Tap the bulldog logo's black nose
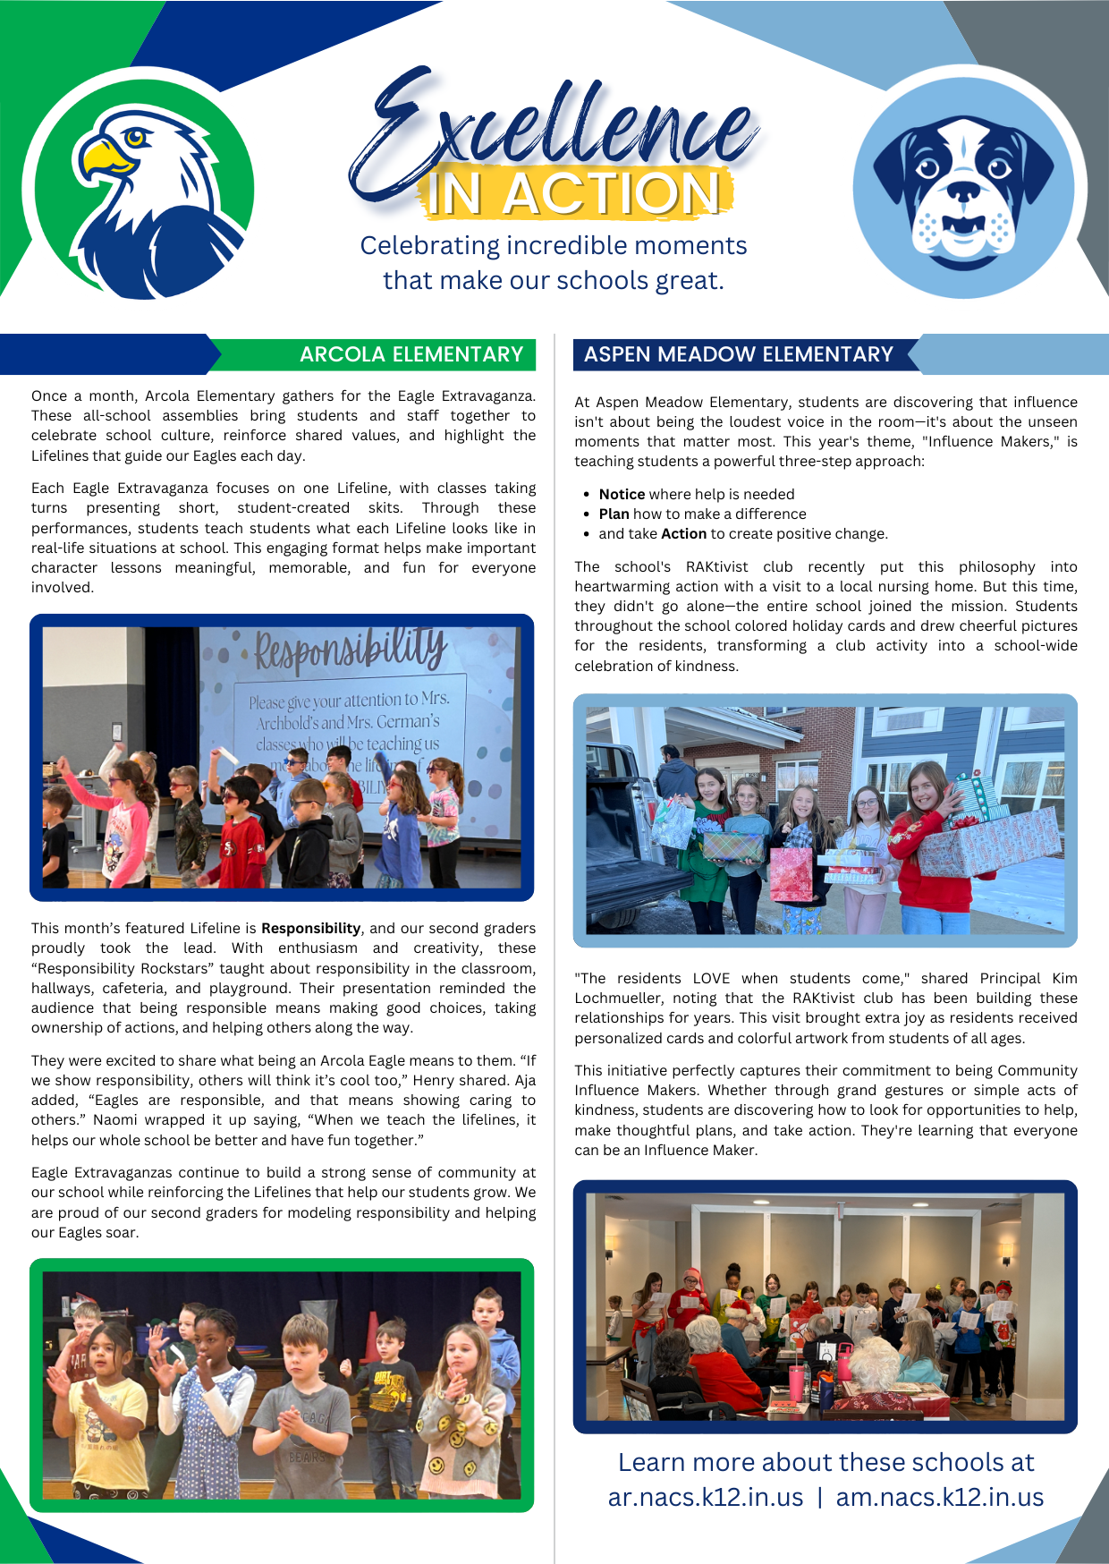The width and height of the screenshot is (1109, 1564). pos(963,191)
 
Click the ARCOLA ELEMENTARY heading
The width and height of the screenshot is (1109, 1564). pos(411,354)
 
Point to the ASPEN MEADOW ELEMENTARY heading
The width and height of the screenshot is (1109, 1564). pos(739,354)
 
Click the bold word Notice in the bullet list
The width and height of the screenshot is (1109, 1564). pos(622,494)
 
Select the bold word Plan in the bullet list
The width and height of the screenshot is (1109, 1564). pos(614,514)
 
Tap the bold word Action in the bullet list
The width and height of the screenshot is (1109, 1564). pos(683,533)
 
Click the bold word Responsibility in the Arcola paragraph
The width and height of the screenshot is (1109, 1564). pos(310,928)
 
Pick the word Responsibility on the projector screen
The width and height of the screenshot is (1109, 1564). pos(350,649)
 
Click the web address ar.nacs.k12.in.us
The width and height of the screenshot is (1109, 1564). pos(706,1497)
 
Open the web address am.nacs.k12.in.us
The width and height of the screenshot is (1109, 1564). pos(939,1497)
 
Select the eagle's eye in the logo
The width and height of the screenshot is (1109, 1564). pos(135,137)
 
